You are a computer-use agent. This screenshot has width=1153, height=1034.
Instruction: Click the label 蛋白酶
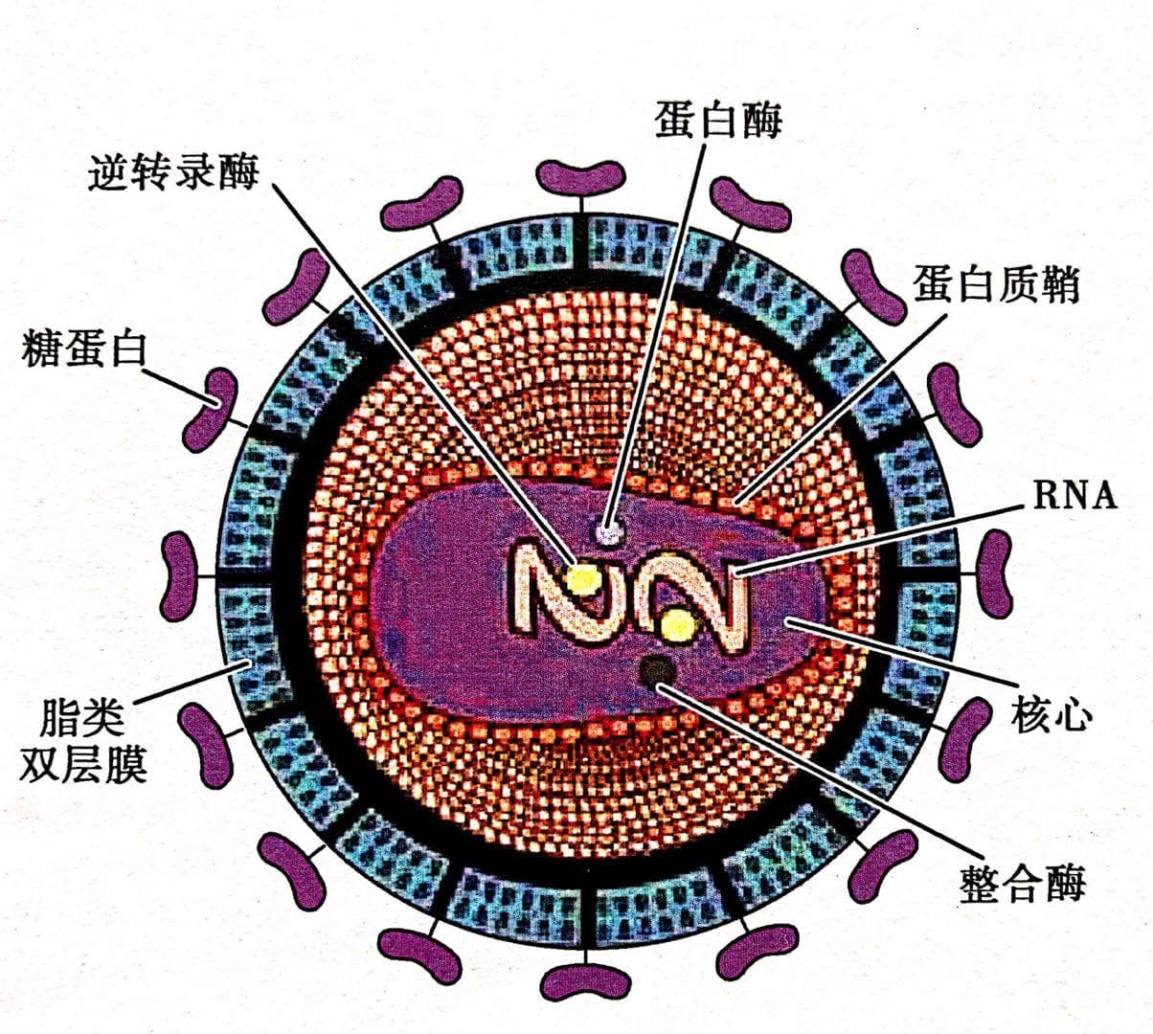click(717, 122)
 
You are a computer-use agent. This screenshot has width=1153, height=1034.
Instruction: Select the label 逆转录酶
click(173, 171)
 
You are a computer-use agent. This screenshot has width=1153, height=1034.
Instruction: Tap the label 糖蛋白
click(83, 350)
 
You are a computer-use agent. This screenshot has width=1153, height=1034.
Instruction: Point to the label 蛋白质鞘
click(996, 285)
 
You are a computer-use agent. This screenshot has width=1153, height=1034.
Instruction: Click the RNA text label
click(1074, 495)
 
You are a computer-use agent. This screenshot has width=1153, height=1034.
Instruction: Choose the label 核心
click(1051, 714)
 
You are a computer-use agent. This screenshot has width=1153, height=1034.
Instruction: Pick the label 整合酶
click(1023, 883)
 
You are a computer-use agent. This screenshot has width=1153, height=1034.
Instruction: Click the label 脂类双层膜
click(83, 740)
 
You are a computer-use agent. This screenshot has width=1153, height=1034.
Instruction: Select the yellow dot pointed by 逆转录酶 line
click(581, 578)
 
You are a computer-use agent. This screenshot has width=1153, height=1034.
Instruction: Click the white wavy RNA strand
click(628, 599)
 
